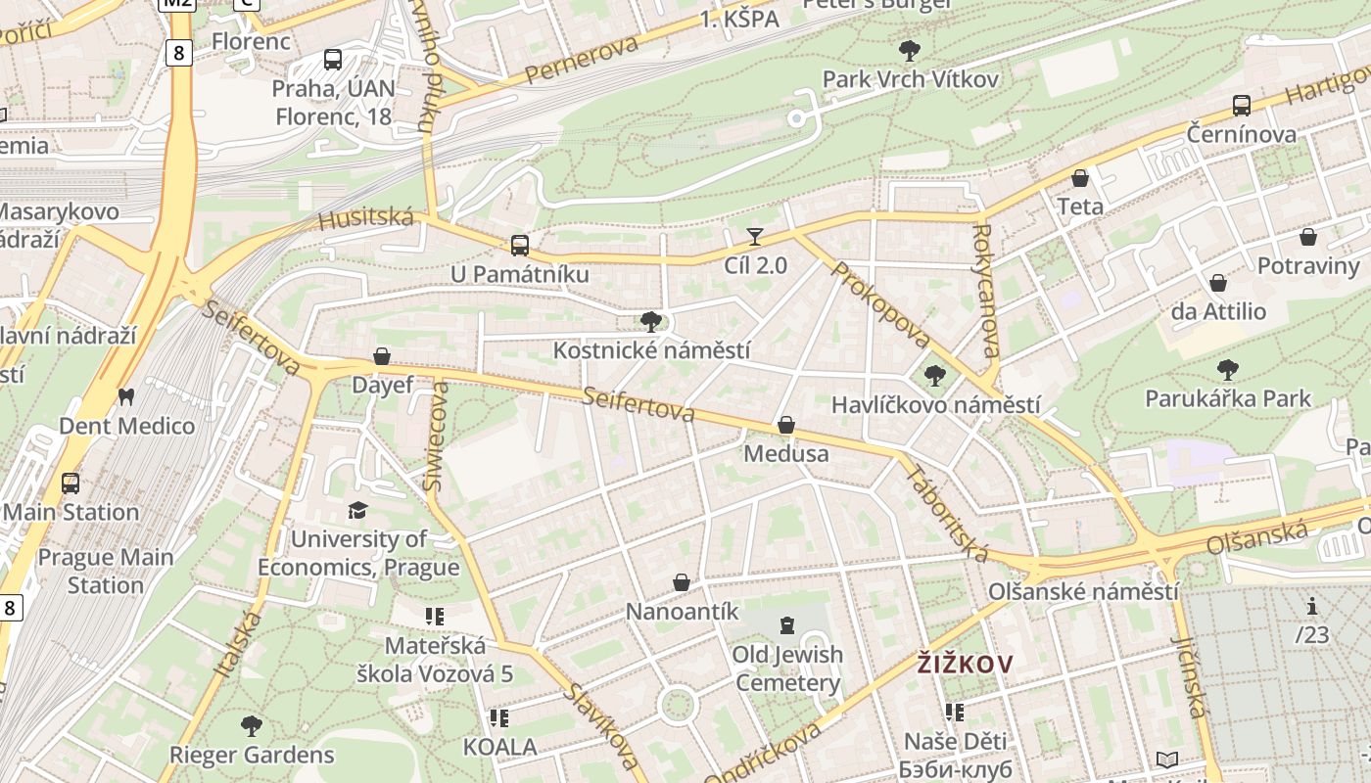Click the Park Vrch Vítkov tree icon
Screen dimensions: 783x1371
[x=910, y=50]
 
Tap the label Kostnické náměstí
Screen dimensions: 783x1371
[x=652, y=350]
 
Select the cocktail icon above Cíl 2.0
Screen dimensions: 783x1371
[x=755, y=236]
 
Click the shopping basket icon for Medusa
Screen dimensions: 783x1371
[x=785, y=425]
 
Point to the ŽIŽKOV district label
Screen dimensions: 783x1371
[x=965, y=665]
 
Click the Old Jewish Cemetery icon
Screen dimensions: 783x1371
[x=786, y=624]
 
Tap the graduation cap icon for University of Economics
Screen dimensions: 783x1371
[x=357, y=510]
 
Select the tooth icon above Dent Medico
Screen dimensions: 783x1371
[x=125, y=396]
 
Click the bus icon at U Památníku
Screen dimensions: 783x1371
[x=519, y=245]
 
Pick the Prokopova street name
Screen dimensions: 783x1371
[x=879, y=304]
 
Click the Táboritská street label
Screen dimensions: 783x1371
[x=947, y=513]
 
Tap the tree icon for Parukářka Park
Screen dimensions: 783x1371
[x=1227, y=369]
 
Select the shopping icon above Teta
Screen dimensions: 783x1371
[x=1079, y=178]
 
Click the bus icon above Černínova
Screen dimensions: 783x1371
[x=1241, y=105]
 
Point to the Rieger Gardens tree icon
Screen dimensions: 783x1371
[x=252, y=725]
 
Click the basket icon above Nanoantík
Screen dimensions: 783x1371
[x=682, y=582]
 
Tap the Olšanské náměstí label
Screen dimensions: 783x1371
[x=1083, y=592]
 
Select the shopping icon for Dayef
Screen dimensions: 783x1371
[x=382, y=356]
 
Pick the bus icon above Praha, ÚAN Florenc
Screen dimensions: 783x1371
[x=333, y=59]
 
